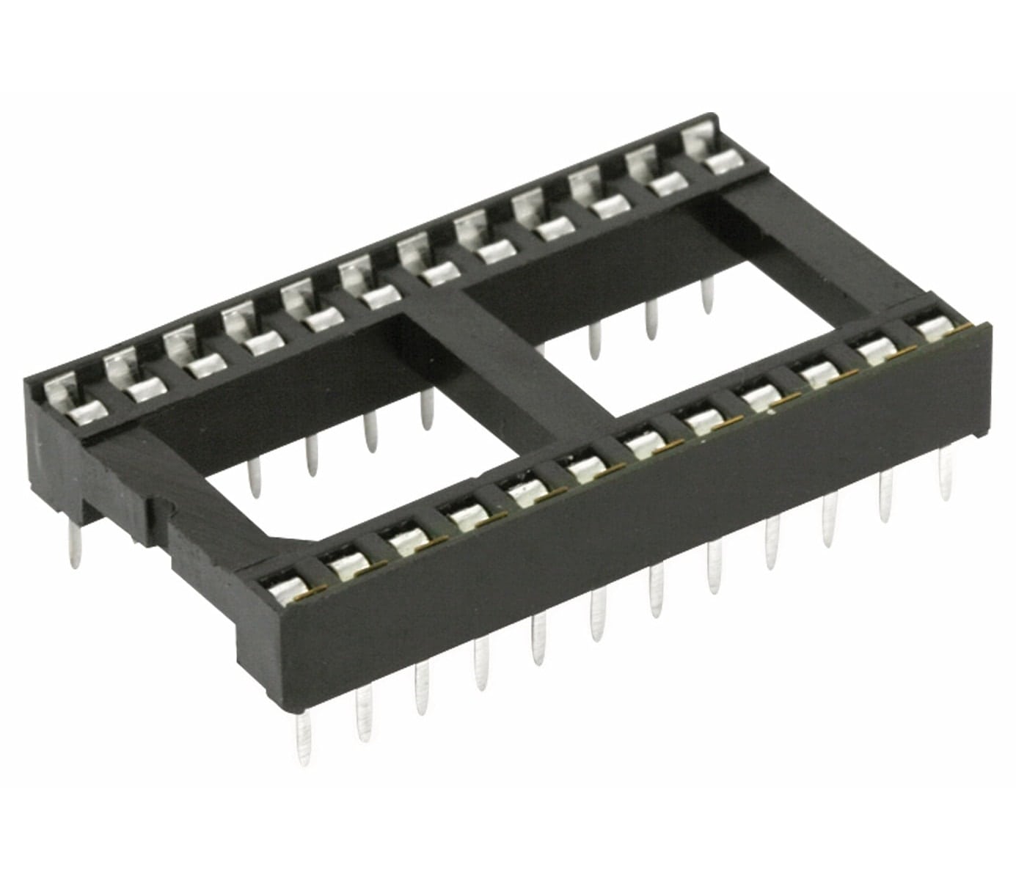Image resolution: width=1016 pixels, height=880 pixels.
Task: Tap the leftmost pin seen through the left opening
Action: [x=255, y=477]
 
